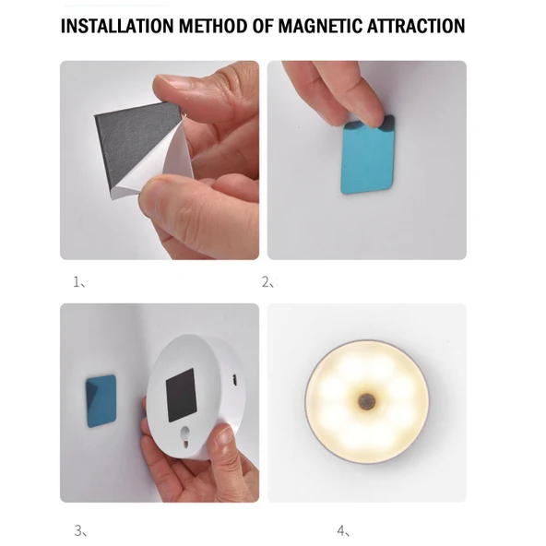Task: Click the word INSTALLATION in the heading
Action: [x=117, y=26]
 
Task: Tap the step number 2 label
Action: [x=267, y=282]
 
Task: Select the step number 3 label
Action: [x=80, y=531]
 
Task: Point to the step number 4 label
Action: [x=343, y=531]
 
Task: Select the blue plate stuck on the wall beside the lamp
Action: [x=101, y=401]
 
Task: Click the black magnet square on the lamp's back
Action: [x=181, y=396]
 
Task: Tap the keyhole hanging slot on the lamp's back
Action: [x=185, y=437]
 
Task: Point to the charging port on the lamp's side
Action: [x=235, y=380]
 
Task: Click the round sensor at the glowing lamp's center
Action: [x=367, y=401]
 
